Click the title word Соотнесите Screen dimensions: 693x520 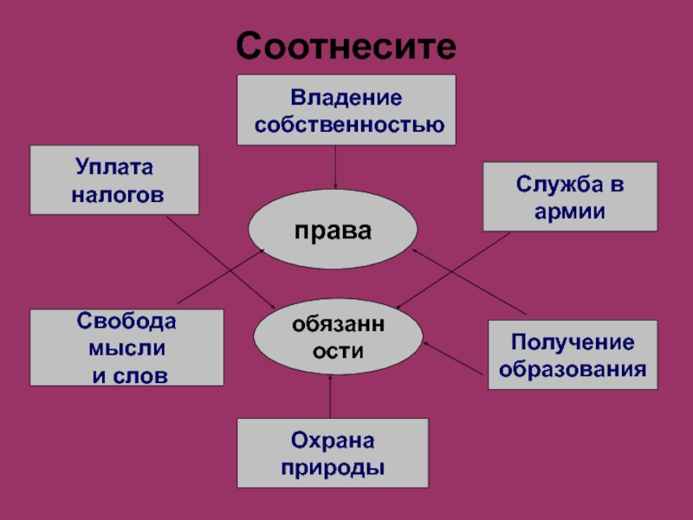pyautogui.click(x=346, y=45)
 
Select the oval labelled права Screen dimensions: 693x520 pyautogui.click(x=333, y=231)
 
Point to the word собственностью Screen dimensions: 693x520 pyautogui.click(x=349, y=125)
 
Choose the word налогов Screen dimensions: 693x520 pyautogui.click(x=117, y=196)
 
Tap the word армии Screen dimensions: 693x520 pyautogui.click(x=570, y=211)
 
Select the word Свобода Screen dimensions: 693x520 pyautogui.click(x=126, y=322)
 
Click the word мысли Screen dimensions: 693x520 pyautogui.click(x=126, y=348)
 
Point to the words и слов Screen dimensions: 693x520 pyautogui.click(x=130, y=375)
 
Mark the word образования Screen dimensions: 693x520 pyautogui.click(x=573, y=369)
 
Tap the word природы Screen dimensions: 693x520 pyautogui.click(x=333, y=468)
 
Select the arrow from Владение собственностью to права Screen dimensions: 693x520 pyautogui.click(x=335, y=166)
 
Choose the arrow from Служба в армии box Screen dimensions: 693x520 pyautogui.click(x=455, y=270)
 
